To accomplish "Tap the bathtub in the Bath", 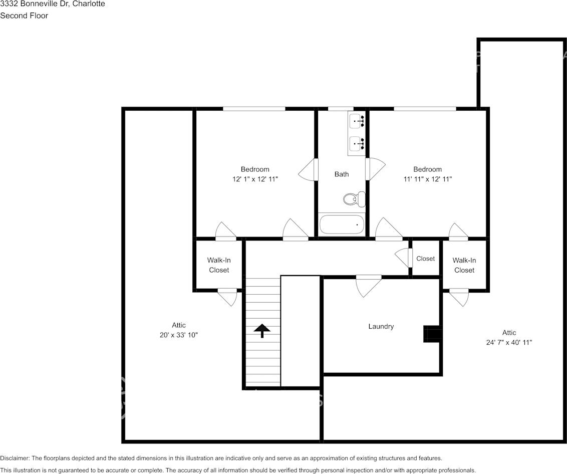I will pos(342,224).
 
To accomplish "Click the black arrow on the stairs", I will pos(261,331).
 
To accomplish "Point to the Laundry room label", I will pos(381,326).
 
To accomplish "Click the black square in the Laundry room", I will pos(432,334).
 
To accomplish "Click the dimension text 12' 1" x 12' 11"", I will pos(255,178).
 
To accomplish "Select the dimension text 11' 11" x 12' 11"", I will pos(427,178).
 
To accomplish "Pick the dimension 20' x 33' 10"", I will pos(179,335).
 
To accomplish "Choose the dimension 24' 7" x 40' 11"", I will pos(509,342).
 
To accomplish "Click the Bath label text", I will pos(342,174).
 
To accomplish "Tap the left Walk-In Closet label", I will pos(219,265).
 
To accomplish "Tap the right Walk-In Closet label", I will pos(464,265).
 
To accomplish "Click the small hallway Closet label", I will pos(425,259).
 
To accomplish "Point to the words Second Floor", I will pos(24,16).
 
